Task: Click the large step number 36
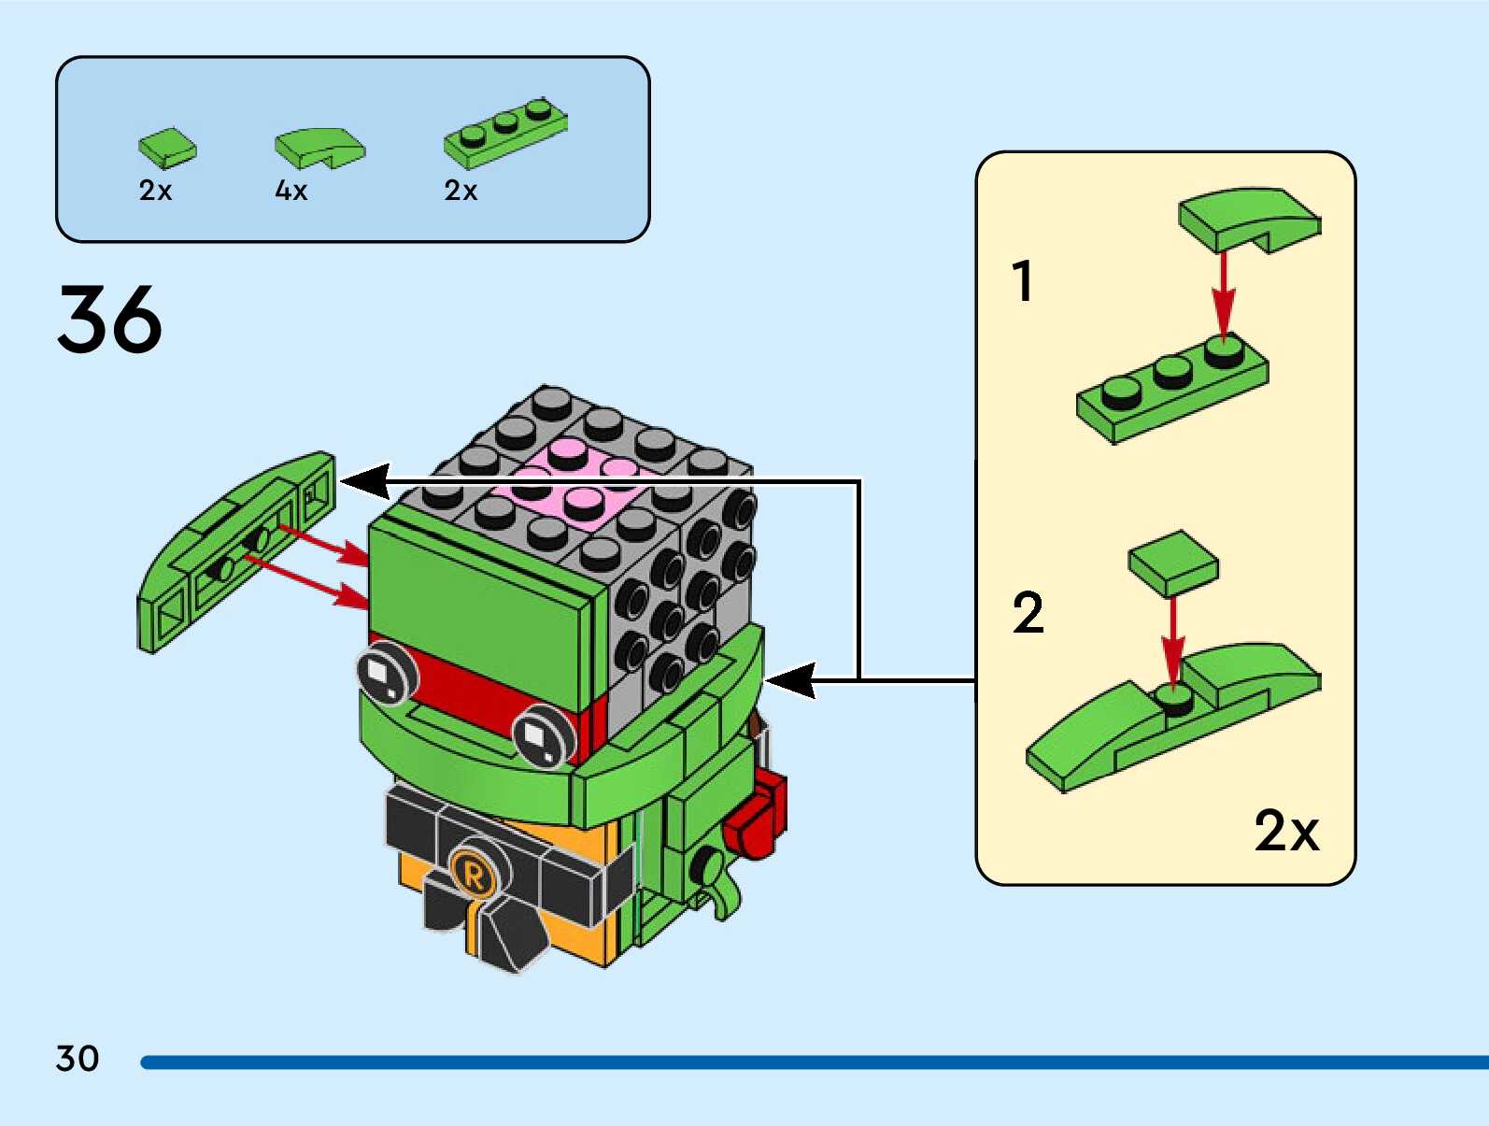109,320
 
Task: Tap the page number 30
77,1059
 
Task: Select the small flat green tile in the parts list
167,148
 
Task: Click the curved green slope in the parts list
319,147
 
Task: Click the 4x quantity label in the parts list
291,191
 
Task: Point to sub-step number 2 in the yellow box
1028,614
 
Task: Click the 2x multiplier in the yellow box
1285,830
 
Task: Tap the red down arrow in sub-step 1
1223,294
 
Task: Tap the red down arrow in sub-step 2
1173,640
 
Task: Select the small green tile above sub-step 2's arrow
1173,563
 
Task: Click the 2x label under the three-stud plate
461,191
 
